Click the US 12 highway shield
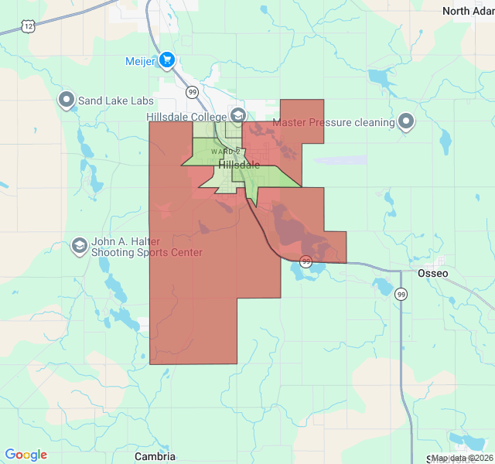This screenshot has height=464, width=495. click(28, 26)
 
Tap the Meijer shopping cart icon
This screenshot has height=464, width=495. click(166, 60)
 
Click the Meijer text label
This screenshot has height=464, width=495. click(141, 60)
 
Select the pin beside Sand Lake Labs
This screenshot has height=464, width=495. click(67, 101)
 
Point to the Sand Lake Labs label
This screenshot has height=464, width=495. click(116, 101)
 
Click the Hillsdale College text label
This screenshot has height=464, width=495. click(188, 117)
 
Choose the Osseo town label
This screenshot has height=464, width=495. click(432, 274)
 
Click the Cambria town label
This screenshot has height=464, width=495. click(155, 456)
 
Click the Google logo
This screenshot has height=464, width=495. click(26, 455)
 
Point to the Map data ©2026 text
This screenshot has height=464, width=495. click(462, 458)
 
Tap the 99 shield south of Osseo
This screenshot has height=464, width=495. click(401, 294)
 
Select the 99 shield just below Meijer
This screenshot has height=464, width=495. click(193, 91)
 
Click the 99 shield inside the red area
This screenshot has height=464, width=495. click(306, 261)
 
